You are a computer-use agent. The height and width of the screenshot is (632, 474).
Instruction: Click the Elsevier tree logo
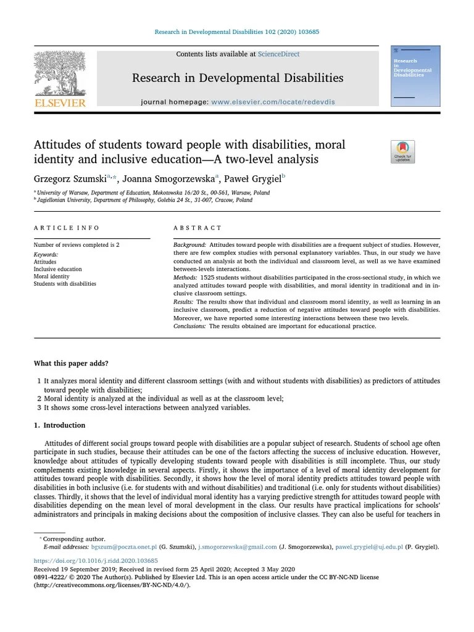[59, 72]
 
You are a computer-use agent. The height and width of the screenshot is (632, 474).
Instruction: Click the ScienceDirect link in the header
[278, 54]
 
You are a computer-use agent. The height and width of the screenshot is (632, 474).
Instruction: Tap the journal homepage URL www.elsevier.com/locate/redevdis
[273, 102]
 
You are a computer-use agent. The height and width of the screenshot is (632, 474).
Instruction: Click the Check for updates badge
[402, 152]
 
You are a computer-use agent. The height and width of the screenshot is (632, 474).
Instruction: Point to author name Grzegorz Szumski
[70, 179]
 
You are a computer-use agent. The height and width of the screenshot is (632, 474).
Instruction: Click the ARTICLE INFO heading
[67, 228]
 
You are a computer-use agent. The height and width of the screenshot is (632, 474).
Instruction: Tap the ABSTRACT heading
[197, 228]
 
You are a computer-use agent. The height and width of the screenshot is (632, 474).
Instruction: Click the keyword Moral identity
[51, 276]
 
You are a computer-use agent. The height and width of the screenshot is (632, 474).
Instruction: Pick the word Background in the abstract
[189, 245]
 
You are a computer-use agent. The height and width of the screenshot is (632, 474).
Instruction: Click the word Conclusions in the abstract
[189, 326]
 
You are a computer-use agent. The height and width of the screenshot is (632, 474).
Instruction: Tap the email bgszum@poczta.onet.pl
[124, 547]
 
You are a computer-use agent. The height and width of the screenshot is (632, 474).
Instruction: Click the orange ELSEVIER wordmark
[60, 103]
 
